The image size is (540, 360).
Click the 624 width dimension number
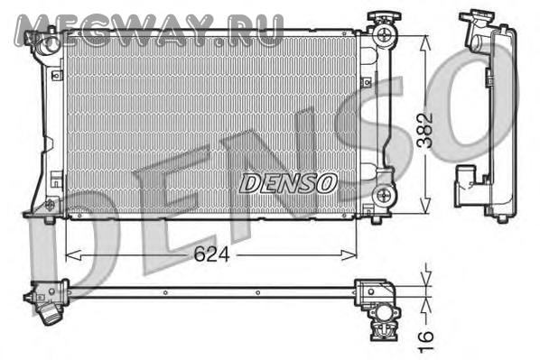(x=211, y=255)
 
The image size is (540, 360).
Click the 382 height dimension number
(x=425, y=131)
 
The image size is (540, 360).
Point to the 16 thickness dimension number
(x=425, y=341)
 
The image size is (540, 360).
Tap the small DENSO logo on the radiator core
(x=288, y=183)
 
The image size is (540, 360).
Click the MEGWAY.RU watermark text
(x=149, y=31)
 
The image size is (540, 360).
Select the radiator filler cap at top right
(x=384, y=16)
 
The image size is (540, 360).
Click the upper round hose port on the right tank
(x=384, y=35)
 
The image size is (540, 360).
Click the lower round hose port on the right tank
(x=383, y=196)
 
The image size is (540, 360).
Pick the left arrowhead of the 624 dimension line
(x=73, y=255)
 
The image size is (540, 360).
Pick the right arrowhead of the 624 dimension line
(x=349, y=255)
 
